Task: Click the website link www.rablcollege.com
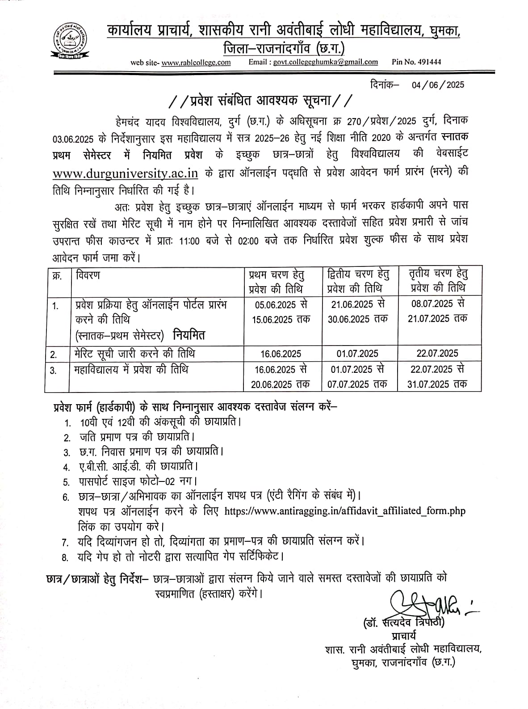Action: [x=196, y=63]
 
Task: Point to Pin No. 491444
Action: [x=416, y=62]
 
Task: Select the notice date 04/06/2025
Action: [x=438, y=84]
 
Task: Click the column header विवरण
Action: [x=88, y=275]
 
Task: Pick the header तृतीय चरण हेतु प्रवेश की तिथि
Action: [x=439, y=281]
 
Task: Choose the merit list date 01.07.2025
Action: [x=357, y=354]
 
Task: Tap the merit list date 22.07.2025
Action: [x=437, y=354]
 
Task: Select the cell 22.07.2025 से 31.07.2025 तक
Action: [x=437, y=376]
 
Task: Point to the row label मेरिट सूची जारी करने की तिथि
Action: [x=135, y=354]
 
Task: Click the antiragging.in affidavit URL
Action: [x=345, y=511]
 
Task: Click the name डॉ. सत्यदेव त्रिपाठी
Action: [x=405, y=623]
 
